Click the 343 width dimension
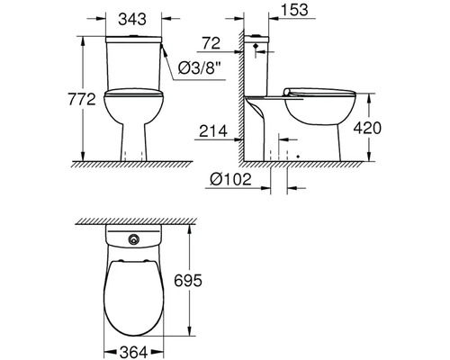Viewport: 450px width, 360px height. pos(132,20)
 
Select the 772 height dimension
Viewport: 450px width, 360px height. pos(82,99)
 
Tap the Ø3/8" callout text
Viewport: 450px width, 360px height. pos(197,68)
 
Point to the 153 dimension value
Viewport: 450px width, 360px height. pos(294,9)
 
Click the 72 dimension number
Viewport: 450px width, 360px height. pos(211,43)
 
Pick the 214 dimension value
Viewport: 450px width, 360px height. pos(213,130)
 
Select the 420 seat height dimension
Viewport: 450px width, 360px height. pos(367,128)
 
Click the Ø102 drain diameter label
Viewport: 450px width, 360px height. pos(230,179)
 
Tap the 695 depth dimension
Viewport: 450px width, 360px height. pos(188,281)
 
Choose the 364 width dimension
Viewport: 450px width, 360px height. pos(133,352)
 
